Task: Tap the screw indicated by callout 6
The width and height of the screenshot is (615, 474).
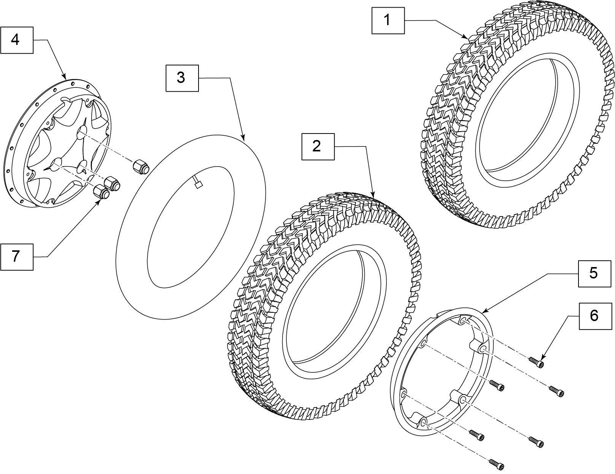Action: point(536,362)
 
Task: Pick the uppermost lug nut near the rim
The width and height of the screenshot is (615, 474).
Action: point(140,167)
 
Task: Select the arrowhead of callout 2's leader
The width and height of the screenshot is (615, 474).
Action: point(374,197)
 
